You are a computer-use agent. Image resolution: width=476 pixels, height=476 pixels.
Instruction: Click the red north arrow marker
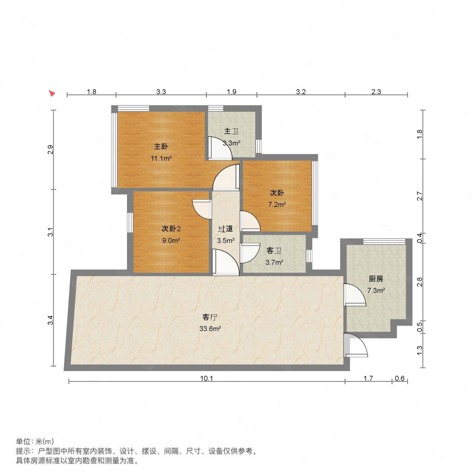(x=52, y=93)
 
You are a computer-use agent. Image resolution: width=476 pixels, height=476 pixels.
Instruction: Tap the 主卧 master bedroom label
(x=161, y=147)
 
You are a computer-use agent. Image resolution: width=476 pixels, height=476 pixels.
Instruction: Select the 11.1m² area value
(x=161, y=158)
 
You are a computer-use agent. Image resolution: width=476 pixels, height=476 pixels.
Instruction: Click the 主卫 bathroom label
(x=231, y=132)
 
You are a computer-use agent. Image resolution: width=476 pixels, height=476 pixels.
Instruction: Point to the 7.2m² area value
(x=277, y=204)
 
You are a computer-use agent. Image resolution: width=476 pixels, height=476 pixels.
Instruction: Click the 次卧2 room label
(x=171, y=229)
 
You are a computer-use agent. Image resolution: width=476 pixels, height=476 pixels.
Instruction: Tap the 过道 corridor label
(x=226, y=229)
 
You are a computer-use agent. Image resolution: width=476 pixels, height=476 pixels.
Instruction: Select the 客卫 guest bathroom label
(x=274, y=251)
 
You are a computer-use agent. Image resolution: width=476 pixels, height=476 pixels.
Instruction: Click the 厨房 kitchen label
(x=376, y=279)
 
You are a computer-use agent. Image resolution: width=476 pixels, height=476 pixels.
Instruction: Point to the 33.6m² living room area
(x=210, y=329)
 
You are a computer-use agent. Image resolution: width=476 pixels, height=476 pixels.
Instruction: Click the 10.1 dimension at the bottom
(x=206, y=378)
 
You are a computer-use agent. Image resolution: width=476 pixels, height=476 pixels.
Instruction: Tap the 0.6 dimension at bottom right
(x=400, y=378)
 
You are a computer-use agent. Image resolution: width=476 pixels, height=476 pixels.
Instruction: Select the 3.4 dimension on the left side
(x=50, y=320)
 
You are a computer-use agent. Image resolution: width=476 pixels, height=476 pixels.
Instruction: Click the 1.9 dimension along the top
(x=231, y=92)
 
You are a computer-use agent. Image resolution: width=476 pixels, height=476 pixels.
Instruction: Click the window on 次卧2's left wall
(x=130, y=222)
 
